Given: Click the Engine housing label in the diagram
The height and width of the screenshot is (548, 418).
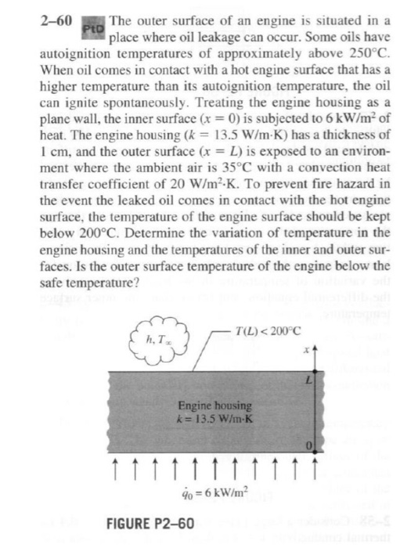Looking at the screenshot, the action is coord(214,406).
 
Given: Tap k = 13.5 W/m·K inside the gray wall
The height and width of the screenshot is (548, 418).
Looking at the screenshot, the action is coord(214,418).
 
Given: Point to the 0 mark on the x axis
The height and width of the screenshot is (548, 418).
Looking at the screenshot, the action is coord(308,444).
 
